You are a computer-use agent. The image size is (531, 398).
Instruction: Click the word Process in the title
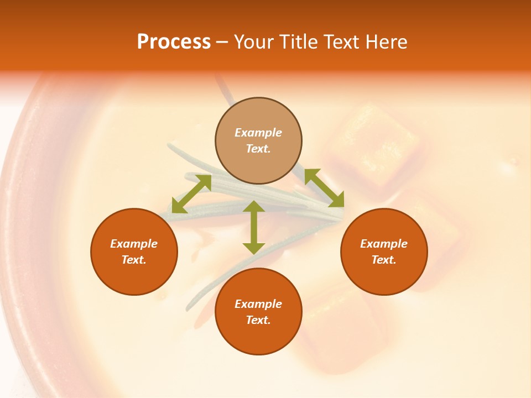(x=174, y=42)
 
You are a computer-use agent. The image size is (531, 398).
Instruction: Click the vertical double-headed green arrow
(x=254, y=227)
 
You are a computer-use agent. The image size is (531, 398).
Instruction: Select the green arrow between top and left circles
(x=191, y=194)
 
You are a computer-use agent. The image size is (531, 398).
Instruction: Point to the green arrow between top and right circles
(x=324, y=188)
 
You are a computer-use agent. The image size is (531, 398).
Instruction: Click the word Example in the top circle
(x=258, y=133)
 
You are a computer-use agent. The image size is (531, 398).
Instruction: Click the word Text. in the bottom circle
(x=258, y=320)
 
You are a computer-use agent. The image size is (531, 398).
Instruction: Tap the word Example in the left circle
(x=134, y=244)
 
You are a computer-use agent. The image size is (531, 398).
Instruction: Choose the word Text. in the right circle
(x=384, y=260)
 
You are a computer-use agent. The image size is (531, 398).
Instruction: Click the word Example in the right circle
(x=384, y=244)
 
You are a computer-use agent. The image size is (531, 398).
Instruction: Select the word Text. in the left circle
(x=134, y=260)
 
